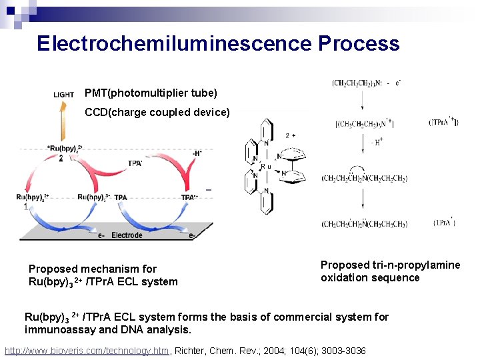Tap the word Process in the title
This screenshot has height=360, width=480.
[359, 44]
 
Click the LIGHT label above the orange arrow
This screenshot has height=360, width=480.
[64, 95]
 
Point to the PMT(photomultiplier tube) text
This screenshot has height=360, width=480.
[151, 93]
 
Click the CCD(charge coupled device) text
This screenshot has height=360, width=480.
[157, 113]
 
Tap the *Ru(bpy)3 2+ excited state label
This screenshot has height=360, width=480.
[65, 149]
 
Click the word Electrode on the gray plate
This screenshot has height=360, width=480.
[127, 235]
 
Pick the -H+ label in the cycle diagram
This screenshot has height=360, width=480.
[197, 153]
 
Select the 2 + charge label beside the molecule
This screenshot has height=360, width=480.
[290, 135]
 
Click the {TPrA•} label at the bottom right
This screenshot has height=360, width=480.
[445, 223]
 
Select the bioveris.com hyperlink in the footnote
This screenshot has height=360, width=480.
[87, 351]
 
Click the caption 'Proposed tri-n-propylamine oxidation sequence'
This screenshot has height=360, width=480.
[390, 271]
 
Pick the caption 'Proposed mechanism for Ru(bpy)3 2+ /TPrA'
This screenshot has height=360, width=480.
[103, 275]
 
